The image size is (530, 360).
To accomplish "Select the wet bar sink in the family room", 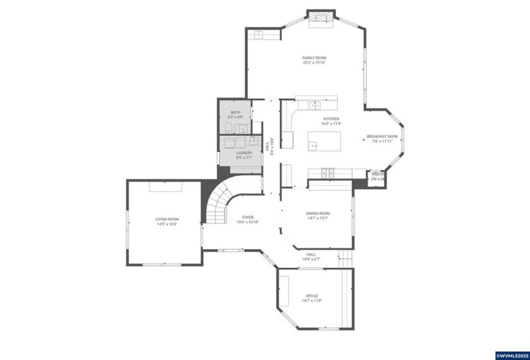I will [259, 35].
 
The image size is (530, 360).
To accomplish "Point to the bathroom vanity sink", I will [242, 129].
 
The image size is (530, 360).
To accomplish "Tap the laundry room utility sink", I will [254, 140].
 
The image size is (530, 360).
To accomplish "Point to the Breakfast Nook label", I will [382, 136].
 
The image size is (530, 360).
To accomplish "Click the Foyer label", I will [248, 217].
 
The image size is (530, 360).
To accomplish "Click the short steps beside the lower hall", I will [344, 257].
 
